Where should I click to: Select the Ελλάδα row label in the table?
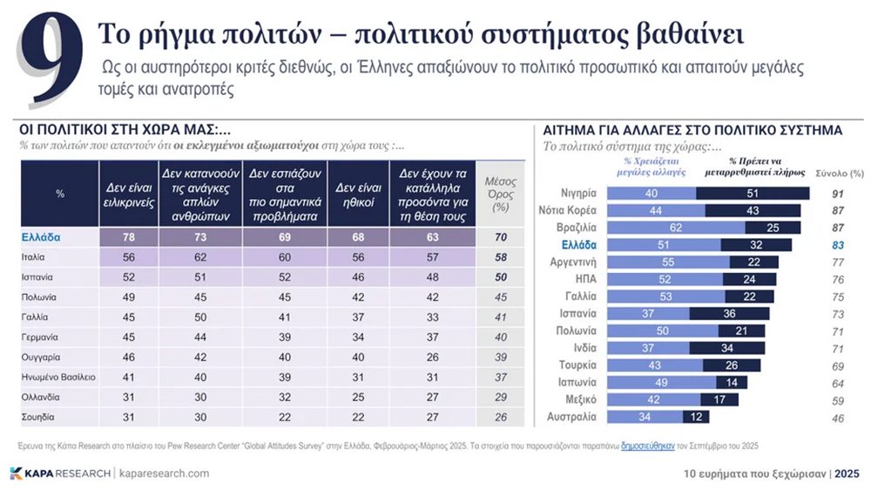[x=39, y=236]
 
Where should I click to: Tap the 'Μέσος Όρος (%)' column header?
[x=500, y=194]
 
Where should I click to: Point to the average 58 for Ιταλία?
[x=500, y=257]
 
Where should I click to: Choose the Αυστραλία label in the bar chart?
[x=571, y=417]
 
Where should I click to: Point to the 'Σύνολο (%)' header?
[x=839, y=173]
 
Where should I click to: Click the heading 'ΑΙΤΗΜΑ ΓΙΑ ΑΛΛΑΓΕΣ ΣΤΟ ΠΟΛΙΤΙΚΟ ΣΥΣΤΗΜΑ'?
[x=692, y=129]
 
